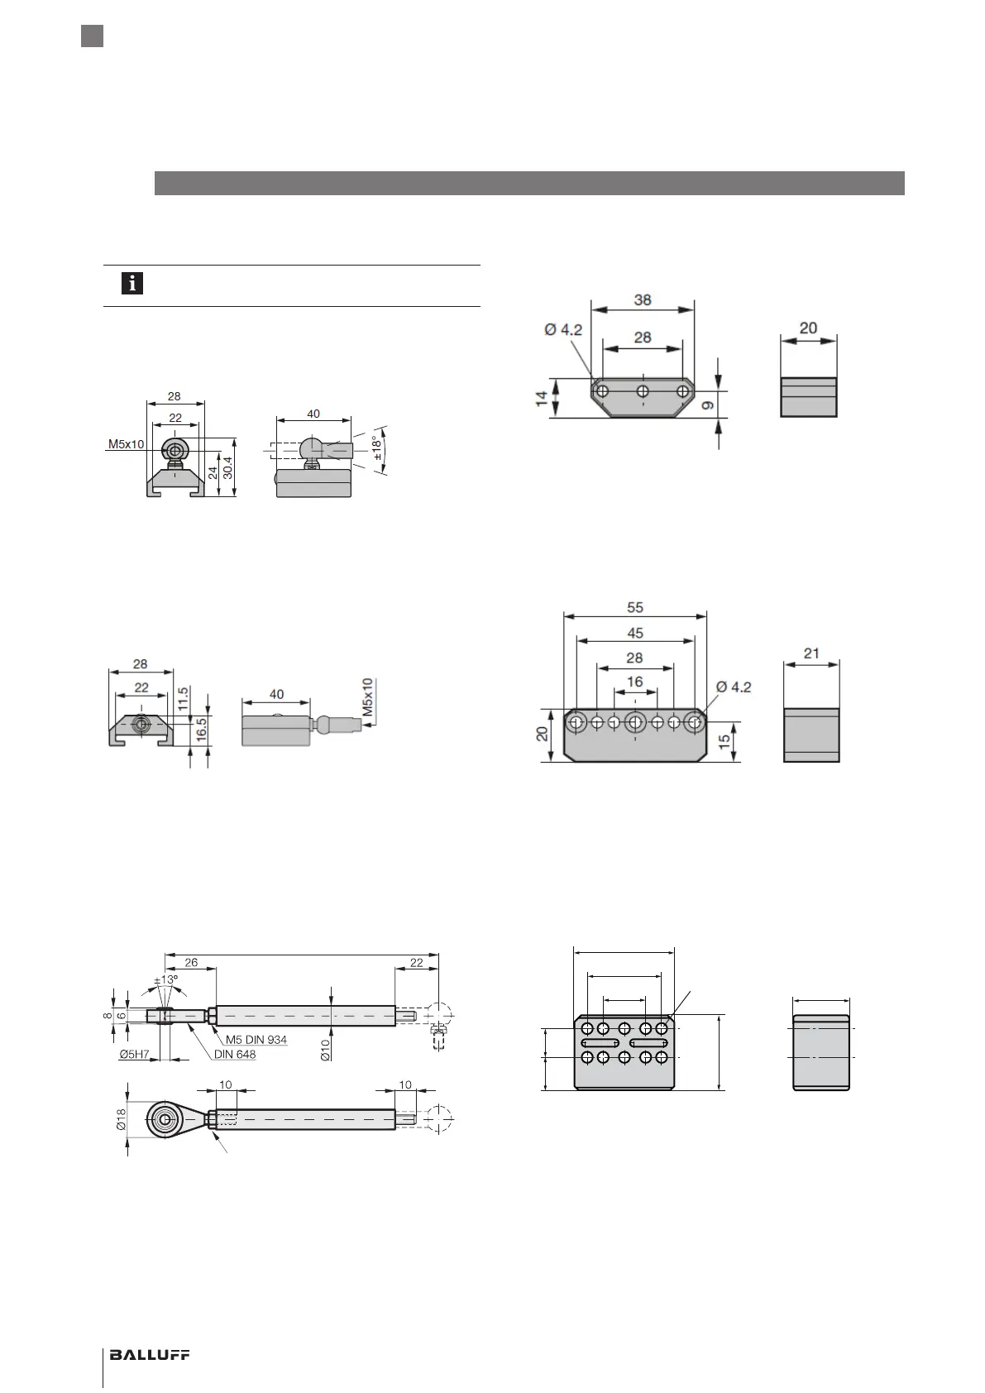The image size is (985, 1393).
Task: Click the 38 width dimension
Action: tap(643, 299)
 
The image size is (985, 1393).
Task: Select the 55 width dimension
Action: tap(634, 607)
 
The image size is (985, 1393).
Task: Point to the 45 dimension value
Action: tap(634, 633)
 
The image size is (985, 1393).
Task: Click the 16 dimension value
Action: tap(634, 682)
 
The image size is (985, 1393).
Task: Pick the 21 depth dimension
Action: tap(811, 653)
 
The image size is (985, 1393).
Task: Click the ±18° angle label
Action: tap(379, 448)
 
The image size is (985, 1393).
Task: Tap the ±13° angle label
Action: tap(166, 981)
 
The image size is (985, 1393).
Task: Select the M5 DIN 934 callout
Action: tap(256, 1040)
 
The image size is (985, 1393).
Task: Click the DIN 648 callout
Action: tap(235, 1054)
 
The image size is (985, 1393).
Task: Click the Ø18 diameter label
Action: tap(121, 1120)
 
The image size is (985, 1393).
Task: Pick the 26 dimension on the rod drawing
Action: tap(191, 962)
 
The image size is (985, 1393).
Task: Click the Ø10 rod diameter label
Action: tap(326, 1048)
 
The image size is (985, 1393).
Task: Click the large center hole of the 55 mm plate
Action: tap(635, 722)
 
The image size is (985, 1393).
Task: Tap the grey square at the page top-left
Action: tap(92, 36)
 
